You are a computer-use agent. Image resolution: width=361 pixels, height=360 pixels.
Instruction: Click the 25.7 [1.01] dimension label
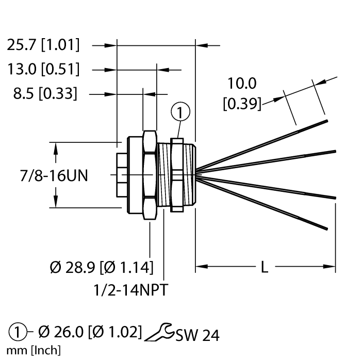point(43,45)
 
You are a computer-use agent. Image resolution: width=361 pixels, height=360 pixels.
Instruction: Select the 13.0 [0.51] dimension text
point(43,69)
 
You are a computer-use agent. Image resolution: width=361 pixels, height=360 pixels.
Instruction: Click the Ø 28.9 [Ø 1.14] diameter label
point(102,267)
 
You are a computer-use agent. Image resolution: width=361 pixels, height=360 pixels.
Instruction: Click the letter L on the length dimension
point(264,267)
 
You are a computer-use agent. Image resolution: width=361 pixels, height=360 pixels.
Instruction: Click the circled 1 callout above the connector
point(180,111)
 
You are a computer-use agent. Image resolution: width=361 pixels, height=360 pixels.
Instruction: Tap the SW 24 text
point(197,335)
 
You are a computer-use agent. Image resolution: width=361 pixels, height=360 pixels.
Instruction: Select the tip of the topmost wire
point(326,122)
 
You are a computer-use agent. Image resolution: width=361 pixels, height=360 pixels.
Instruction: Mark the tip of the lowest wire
point(326,228)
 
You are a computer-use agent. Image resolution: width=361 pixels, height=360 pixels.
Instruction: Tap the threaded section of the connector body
point(165,175)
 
